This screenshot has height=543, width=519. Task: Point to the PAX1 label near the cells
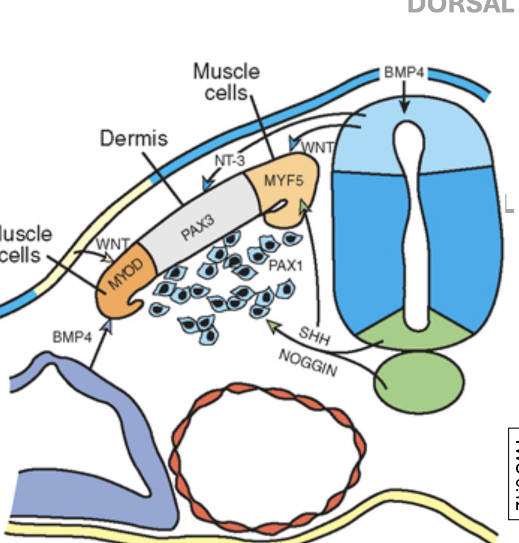[286, 266]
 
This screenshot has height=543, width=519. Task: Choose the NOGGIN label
[307, 363]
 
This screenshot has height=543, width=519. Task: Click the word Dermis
[133, 139]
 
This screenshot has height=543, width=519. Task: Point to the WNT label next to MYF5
[318, 147]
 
